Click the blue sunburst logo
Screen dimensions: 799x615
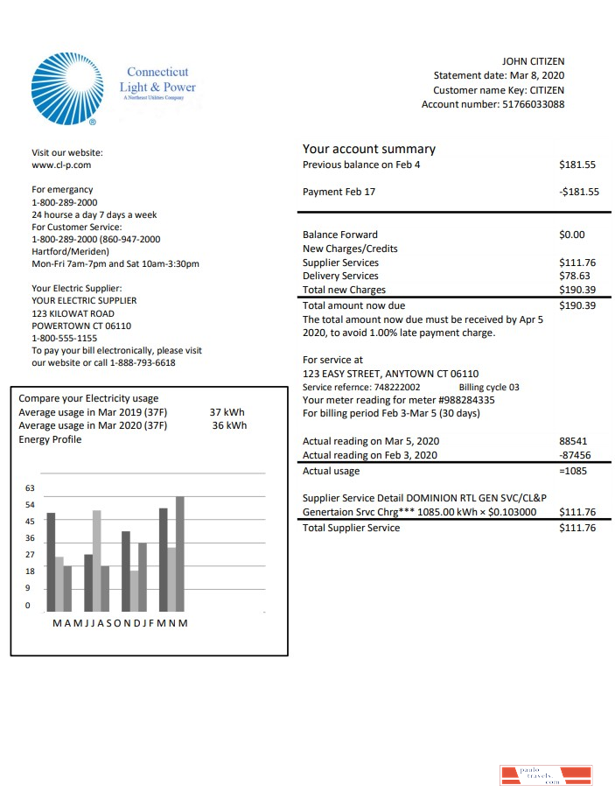click(x=66, y=88)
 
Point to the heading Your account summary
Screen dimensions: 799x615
click(x=368, y=149)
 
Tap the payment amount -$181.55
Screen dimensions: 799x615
click(x=578, y=192)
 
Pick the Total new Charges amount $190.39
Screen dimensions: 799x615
click(x=577, y=290)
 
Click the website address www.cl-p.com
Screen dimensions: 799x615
click(x=61, y=165)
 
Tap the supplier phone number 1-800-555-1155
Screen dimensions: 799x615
click(x=64, y=338)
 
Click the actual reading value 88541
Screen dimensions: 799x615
click(x=573, y=441)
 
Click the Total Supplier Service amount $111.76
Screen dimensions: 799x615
click(x=577, y=528)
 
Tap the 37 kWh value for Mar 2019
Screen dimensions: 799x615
click(x=227, y=411)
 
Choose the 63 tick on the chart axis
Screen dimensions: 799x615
click(x=30, y=488)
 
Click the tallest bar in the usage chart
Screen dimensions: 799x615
click(x=180, y=553)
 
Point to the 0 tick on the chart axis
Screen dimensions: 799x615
click(x=27, y=606)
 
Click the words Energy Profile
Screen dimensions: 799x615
click(x=50, y=439)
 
